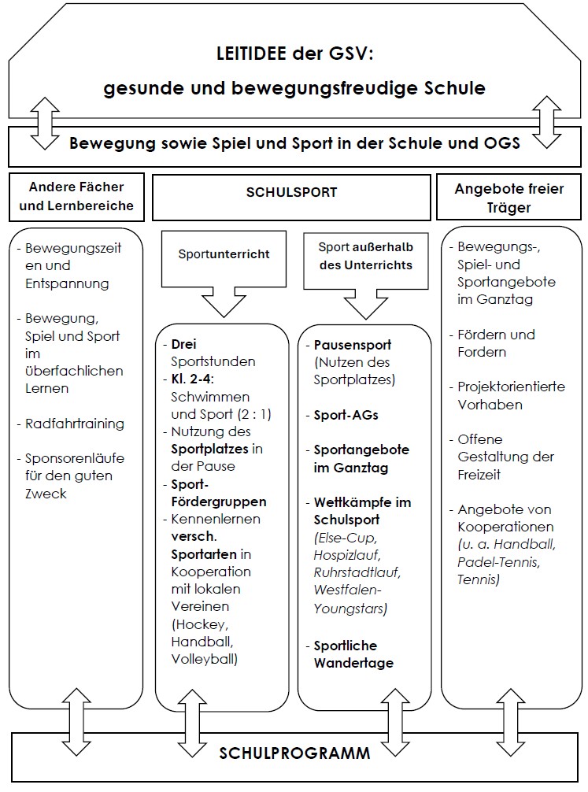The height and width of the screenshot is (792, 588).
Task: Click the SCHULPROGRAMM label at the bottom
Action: (x=294, y=753)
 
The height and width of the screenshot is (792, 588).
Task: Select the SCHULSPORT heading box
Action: (x=291, y=198)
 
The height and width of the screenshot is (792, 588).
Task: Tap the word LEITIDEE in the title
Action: (x=251, y=54)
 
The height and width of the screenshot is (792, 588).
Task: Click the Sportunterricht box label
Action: (x=224, y=254)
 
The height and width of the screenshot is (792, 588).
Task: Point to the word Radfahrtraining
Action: (x=75, y=424)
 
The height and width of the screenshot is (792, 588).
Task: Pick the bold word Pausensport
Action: (x=353, y=345)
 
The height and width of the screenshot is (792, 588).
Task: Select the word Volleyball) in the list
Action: (x=204, y=659)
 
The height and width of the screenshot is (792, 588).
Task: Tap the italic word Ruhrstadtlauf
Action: (x=357, y=573)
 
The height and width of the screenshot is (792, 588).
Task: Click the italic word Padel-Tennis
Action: (x=498, y=562)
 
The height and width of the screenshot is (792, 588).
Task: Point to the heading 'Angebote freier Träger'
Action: (x=508, y=198)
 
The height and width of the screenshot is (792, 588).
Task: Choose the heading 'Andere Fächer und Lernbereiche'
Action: (x=76, y=196)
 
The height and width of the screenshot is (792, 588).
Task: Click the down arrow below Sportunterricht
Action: (x=224, y=302)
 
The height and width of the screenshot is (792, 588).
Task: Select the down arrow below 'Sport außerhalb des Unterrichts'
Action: (x=366, y=304)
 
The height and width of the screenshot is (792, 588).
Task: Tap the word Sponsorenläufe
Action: (x=75, y=458)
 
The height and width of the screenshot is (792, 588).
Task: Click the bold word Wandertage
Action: (x=353, y=663)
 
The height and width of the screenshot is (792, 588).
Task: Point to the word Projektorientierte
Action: (x=511, y=387)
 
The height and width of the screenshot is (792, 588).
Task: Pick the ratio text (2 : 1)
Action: (x=254, y=415)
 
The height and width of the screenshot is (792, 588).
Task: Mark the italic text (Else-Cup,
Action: (x=345, y=538)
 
